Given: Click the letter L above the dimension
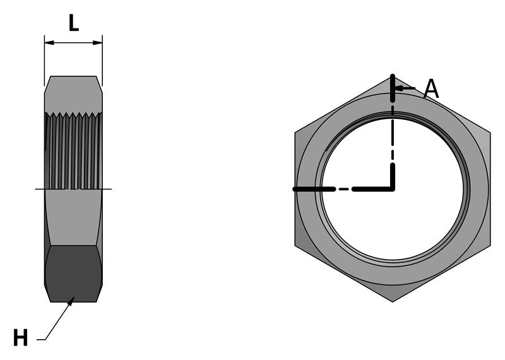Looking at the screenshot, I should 73,23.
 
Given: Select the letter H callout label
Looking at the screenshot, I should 20,339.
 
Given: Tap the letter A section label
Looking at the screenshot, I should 431,89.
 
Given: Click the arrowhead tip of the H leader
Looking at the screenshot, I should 74,298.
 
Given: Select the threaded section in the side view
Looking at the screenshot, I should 73,152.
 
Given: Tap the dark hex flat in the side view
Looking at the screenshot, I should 73,273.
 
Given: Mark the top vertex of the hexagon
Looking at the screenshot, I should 393,77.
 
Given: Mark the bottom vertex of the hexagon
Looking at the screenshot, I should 393,301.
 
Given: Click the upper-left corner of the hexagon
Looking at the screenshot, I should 295,133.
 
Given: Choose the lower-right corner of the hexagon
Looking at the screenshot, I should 490,245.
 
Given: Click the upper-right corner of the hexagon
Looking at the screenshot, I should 490,133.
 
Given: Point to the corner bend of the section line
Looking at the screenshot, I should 393,188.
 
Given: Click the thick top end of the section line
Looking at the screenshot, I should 393,88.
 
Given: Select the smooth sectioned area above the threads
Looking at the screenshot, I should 73,95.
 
